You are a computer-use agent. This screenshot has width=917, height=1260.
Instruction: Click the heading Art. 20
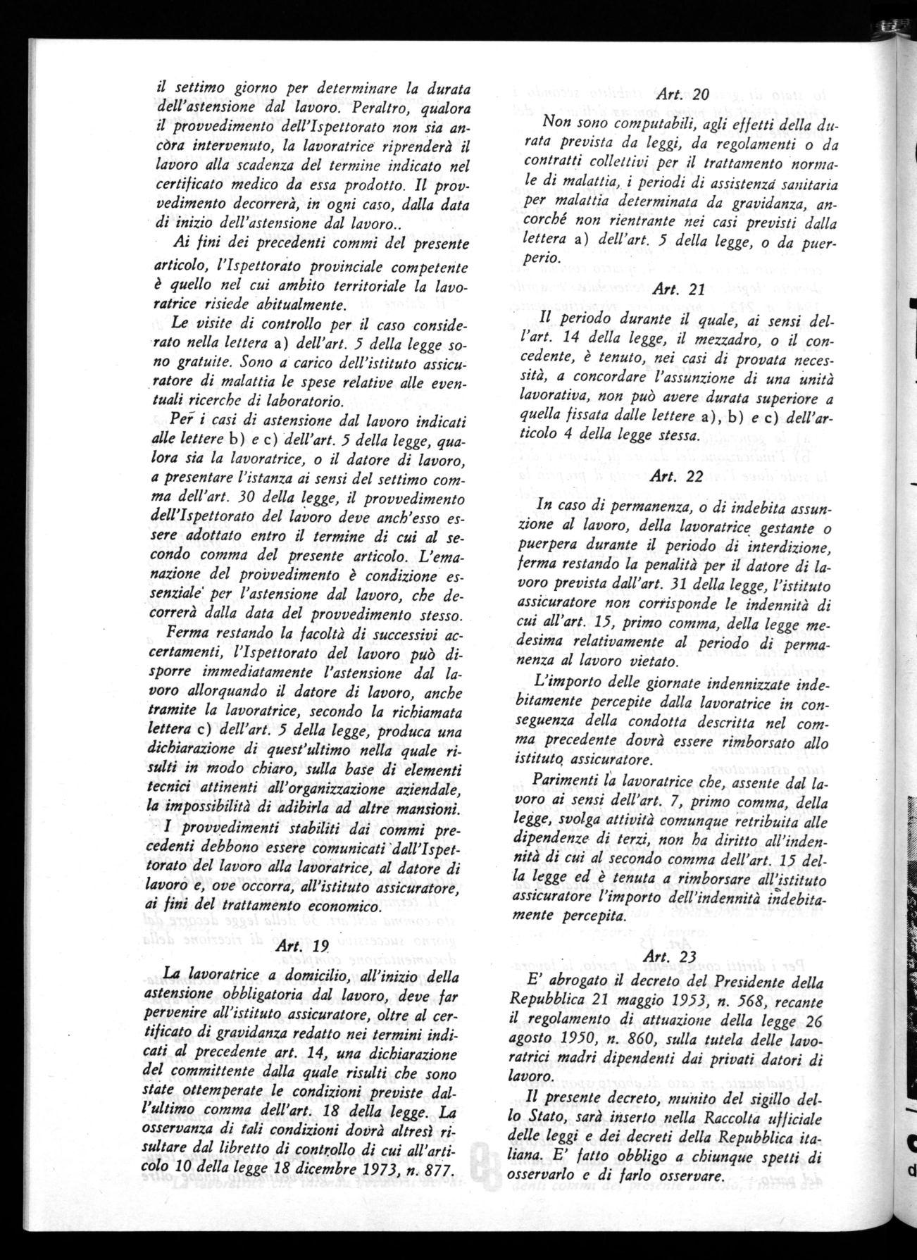tap(672, 94)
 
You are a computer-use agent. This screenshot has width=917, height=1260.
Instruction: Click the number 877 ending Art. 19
tap(432, 1167)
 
